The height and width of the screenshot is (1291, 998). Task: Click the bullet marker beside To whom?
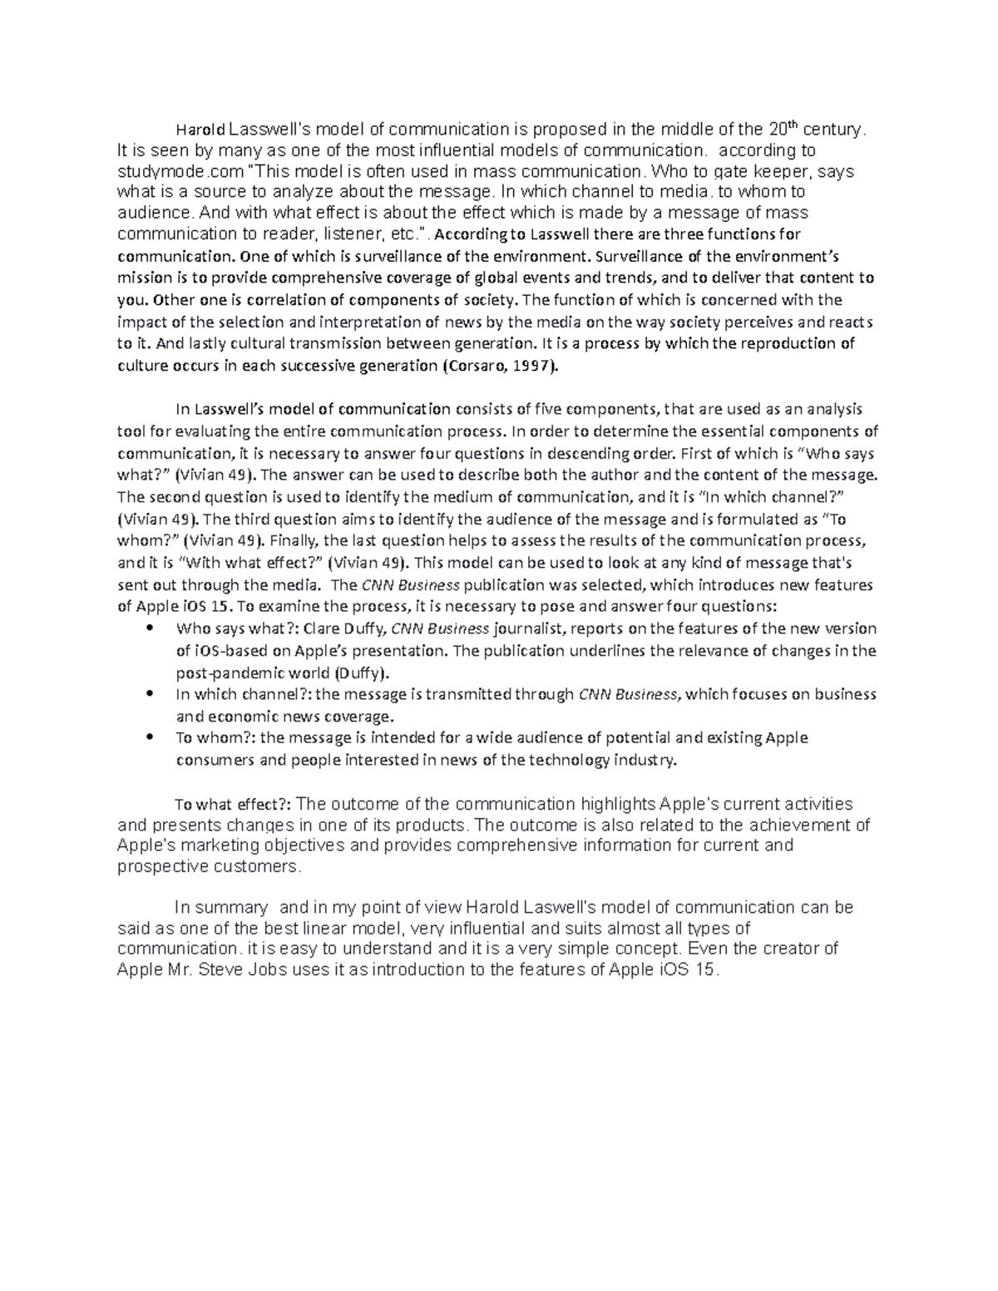(x=151, y=737)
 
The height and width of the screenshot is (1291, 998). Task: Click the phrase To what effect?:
(x=232, y=804)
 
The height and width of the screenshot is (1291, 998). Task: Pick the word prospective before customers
(x=164, y=866)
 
